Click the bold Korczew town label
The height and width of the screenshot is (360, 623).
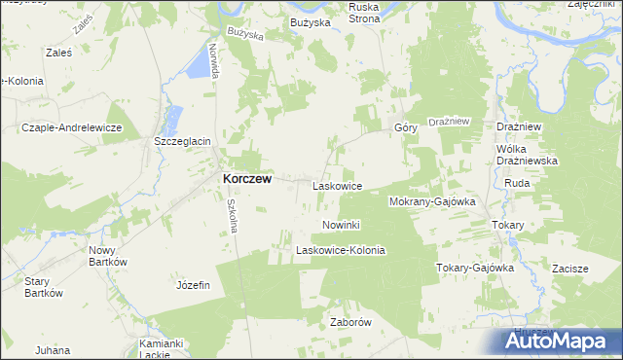point(247,179)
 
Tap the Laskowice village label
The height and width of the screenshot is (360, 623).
point(337,185)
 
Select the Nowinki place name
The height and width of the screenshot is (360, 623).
point(341,225)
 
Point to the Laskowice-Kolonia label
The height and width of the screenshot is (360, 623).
point(341,250)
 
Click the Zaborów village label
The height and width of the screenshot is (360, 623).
point(351,322)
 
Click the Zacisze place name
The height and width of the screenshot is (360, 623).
point(569,268)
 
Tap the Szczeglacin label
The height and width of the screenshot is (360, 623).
point(183,141)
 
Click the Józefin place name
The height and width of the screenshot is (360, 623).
point(193,285)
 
